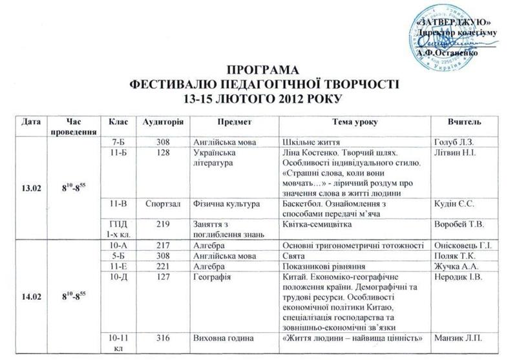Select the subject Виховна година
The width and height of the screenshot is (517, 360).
coord(218,338)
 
